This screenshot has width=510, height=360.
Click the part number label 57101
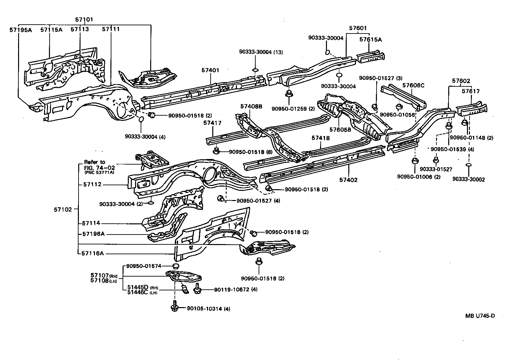(84, 20)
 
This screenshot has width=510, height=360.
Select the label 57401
(210, 70)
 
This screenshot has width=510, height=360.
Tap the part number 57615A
(370, 39)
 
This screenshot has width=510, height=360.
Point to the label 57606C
(413, 85)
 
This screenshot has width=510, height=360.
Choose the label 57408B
(251, 106)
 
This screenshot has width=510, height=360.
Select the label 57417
(212, 123)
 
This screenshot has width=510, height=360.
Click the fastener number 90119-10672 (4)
(236, 290)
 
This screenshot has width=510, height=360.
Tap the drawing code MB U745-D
(480, 316)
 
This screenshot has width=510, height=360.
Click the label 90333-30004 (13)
(261, 52)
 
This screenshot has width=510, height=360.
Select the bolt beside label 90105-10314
(174, 307)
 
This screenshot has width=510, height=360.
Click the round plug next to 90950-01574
(176, 266)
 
